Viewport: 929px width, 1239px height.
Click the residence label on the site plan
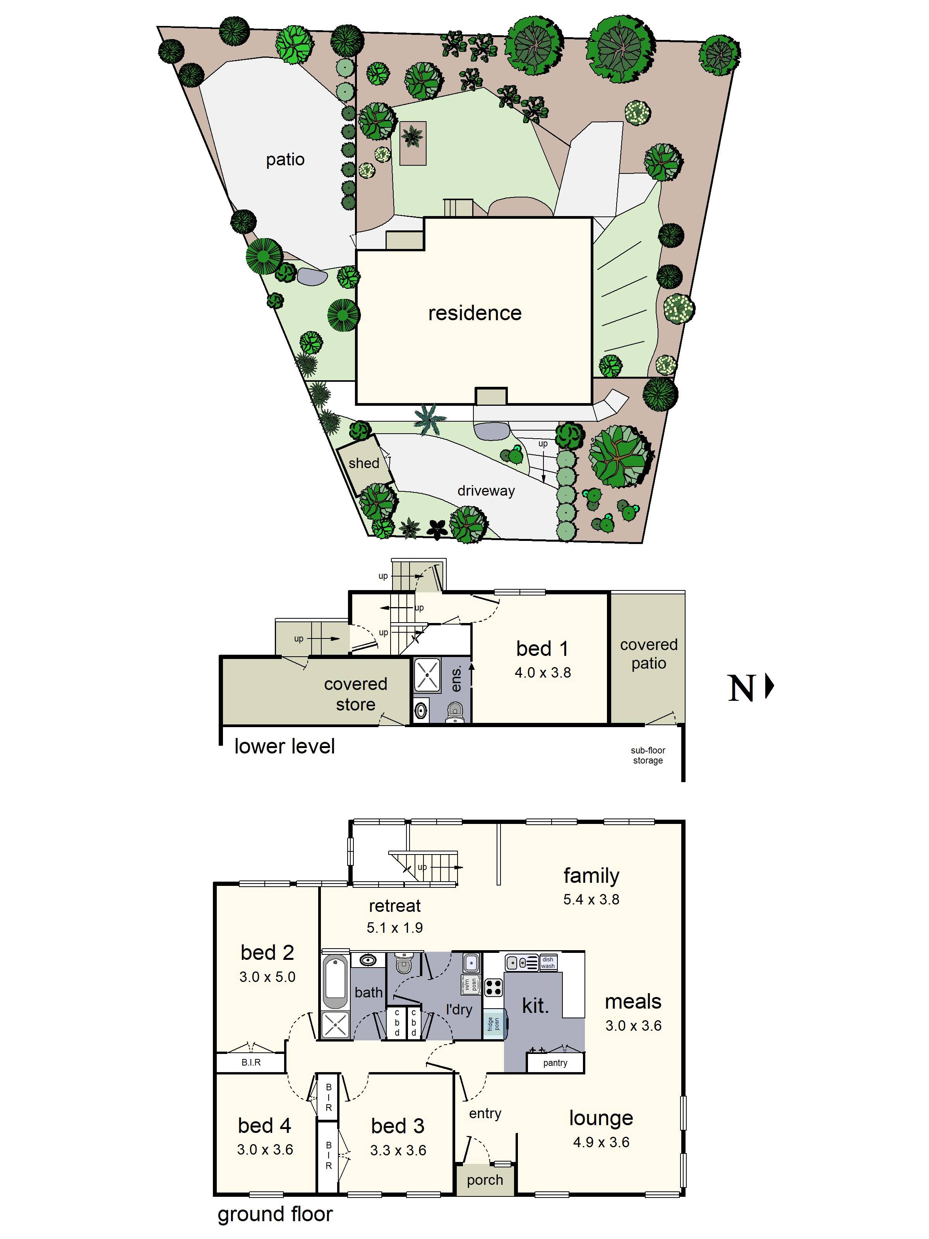(x=474, y=313)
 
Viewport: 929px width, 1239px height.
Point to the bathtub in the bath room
(x=335, y=983)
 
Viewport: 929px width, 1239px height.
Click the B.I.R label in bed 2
(x=251, y=1062)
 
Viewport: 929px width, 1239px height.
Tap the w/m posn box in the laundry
(x=470, y=984)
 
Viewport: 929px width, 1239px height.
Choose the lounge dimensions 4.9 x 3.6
(x=601, y=1143)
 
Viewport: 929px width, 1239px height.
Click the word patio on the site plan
(x=285, y=160)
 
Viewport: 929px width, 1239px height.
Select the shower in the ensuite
(x=427, y=676)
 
